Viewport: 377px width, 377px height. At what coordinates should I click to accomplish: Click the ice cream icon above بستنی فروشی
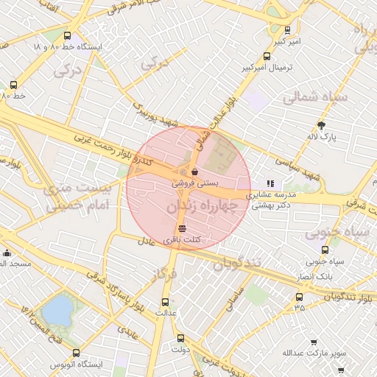[x=194, y=171]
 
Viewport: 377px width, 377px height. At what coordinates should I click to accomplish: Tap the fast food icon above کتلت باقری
[x=182, y=229]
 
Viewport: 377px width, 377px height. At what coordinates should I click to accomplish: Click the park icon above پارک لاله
[x=321, y=125]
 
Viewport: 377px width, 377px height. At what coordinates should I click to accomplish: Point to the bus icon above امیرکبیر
[x=287, y=30]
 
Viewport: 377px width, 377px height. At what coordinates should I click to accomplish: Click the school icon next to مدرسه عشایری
[x=270, y=183]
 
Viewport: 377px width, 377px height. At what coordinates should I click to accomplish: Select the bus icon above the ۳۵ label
[x=299, y=297]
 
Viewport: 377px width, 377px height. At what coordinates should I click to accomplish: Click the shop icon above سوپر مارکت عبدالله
[x=314, y=342]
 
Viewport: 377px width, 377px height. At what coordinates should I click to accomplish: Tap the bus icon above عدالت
[x=165, y=301]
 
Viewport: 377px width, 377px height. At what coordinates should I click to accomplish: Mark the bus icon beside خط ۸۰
[x=13, y=84]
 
